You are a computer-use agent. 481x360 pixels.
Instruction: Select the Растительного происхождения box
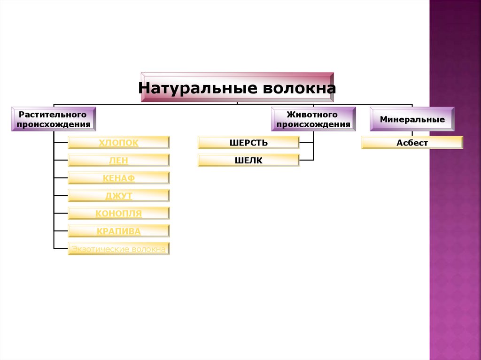[x=54, y=119]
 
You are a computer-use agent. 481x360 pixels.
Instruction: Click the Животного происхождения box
[x=312, y=119]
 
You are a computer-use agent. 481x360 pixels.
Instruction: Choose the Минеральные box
[x=412, y=119]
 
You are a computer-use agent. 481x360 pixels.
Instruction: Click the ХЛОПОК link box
[x=118, y=143]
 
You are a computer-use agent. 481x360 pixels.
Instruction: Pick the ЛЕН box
[x=118, y=161]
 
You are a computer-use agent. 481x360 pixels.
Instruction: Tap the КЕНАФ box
[x=118, y=178]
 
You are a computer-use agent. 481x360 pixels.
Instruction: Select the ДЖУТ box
[x=118, y=196]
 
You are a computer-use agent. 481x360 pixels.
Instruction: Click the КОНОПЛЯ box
[x=118, y=214]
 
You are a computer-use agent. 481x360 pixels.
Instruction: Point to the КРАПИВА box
[x=118, y=231]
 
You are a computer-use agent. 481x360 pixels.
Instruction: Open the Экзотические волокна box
[x=118, y=249]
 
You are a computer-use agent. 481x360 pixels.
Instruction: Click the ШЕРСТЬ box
[x=248, y=143]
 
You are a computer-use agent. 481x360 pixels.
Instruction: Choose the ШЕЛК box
[x=248, y=161]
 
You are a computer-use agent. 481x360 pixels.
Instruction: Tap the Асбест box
[x=412, y=143]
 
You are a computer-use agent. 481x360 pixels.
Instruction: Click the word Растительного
[x=53, y=115]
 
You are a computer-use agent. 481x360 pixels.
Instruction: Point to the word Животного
[x=312, y=115]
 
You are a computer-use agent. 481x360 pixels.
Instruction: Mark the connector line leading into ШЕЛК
[x=306, y=161]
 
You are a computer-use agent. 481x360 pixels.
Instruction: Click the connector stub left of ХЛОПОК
[x=61, y=143]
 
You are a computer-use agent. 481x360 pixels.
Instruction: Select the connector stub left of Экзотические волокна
[x=61, y=249]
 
